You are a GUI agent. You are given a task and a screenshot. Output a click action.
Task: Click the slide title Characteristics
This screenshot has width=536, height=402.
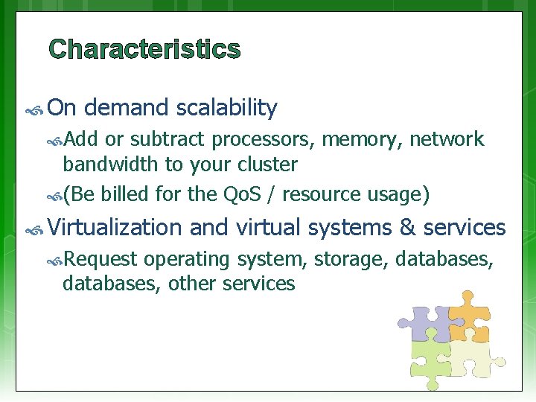(x=144, y=50)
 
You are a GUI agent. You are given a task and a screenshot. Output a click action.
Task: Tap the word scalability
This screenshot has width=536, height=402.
(x=227, y=109)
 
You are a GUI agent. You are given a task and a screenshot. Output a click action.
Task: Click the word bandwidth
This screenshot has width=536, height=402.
(x=109, y=164)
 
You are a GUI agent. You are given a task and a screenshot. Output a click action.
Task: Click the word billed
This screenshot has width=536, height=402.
(x=126, y=195)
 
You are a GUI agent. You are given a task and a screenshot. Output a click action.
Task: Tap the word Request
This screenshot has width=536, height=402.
(x=100, y=260)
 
